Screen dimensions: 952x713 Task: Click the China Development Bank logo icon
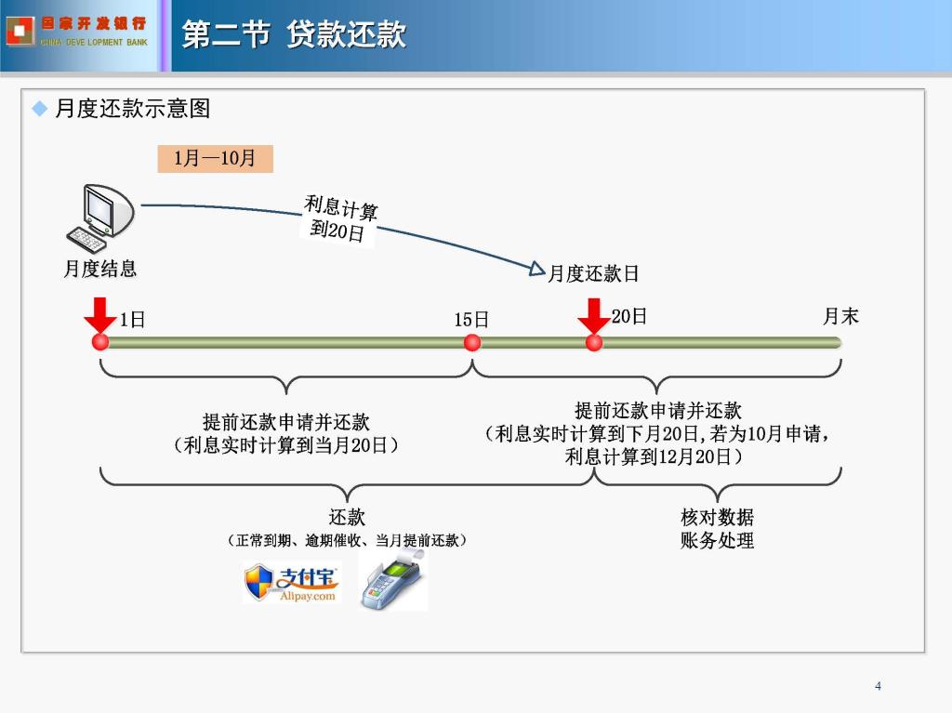[20, 31]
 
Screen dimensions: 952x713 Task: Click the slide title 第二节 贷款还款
[294, 34]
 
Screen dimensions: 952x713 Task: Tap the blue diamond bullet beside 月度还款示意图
[39, 109]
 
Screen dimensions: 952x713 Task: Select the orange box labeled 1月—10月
[215, 159]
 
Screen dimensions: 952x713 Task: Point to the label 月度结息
[100, 269]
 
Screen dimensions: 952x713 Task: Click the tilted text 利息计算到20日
[339, 218]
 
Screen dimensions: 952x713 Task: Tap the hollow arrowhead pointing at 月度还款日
[536, 269]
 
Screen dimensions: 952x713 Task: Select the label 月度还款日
[593, 273]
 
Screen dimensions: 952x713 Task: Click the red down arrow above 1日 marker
[100, 315]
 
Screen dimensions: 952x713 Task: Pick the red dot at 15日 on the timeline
[471, 343]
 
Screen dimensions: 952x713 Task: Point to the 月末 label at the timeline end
[840, 316]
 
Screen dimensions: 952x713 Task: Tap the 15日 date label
[471, 320]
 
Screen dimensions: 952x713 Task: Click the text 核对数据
[717, 518]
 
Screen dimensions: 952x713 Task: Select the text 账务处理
[717, 540]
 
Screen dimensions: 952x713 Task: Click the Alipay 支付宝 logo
[292, 583]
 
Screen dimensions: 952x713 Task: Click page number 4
[878, 686]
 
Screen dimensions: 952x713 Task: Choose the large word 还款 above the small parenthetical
[347, 518]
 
